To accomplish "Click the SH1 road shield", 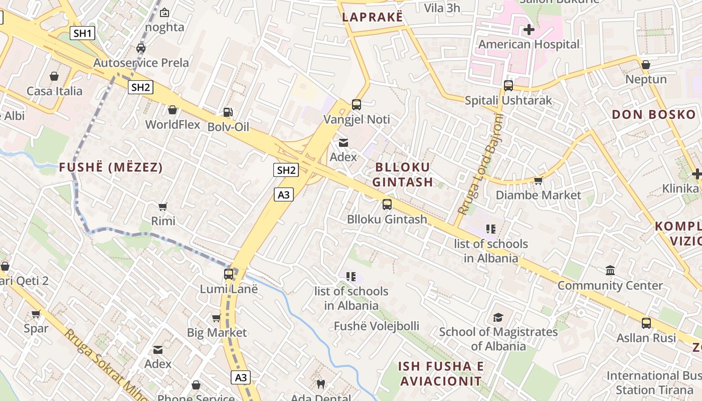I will [x=83, y=34].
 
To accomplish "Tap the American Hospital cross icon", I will [x=529, y=30].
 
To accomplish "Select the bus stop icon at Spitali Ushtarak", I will [x=508, y=86].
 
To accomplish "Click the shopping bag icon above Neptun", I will [x=646, y=65].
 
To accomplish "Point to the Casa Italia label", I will [x=54, y=91].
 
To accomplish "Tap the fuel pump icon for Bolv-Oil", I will [x=228, y=112].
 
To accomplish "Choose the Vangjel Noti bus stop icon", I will [x=357, y=105].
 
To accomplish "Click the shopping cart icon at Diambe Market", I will [x=539, y=180].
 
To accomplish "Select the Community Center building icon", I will [x=610, y=271].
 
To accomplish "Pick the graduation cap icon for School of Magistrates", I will [x=498, y=317].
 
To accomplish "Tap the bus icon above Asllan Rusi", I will [x=646, y=323].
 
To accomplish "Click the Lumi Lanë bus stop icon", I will [x=229, y=274].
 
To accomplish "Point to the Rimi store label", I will [x=163, y=221].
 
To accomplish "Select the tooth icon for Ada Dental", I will [x=321, y=384].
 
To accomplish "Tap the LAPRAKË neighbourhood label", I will [x=372, y=17].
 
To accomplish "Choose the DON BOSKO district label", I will [x=654, y=114].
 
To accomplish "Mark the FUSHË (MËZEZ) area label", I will [x=111, y=167].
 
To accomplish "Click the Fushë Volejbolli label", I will [x=377, y=326].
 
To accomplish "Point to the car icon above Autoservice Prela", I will [x=141, y=48].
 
